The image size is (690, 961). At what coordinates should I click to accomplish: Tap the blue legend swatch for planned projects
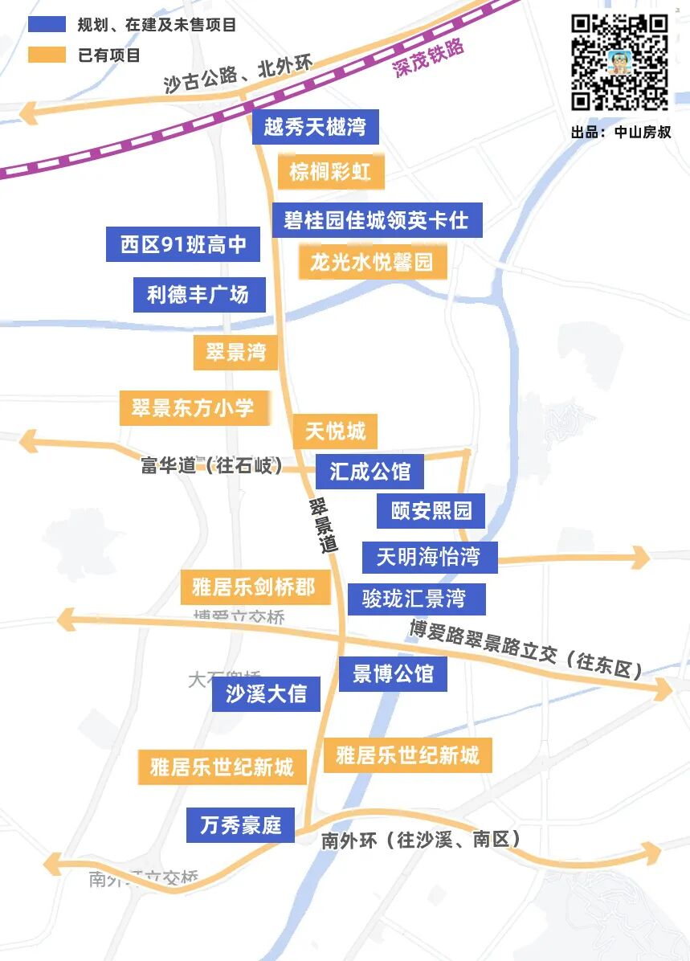point(47,24)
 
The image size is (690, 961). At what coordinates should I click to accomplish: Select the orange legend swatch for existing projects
point(47,55)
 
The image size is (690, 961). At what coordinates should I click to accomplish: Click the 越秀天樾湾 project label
point(315,127)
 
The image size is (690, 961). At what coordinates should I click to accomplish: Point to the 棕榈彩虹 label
point(330,172)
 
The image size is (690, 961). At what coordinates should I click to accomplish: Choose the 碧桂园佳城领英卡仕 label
point(376,219)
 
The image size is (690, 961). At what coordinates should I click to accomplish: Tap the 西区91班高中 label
point(183,244)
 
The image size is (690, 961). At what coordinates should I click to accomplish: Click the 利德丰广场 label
point(197,294)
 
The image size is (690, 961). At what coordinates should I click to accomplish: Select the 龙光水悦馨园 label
point(372,262)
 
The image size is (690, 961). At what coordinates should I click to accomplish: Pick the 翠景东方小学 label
point(193,408)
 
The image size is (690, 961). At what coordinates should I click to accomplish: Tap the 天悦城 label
point(335,432)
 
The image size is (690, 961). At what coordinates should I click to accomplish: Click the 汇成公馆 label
point(369,471)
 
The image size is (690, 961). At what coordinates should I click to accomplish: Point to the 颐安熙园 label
point(431,510)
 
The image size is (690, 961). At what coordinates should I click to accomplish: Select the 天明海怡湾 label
point(429,556)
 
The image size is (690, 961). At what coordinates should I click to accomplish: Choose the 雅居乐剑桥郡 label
point(255,587)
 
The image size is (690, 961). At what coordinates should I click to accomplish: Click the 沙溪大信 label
point(266,694)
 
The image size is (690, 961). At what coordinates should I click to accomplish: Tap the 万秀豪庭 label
point(240,824)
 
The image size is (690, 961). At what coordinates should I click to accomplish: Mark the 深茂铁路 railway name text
point(429,58)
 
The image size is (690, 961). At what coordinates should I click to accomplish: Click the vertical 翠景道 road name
point(323,525)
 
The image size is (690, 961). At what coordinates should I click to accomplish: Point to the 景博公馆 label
point(393,673)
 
